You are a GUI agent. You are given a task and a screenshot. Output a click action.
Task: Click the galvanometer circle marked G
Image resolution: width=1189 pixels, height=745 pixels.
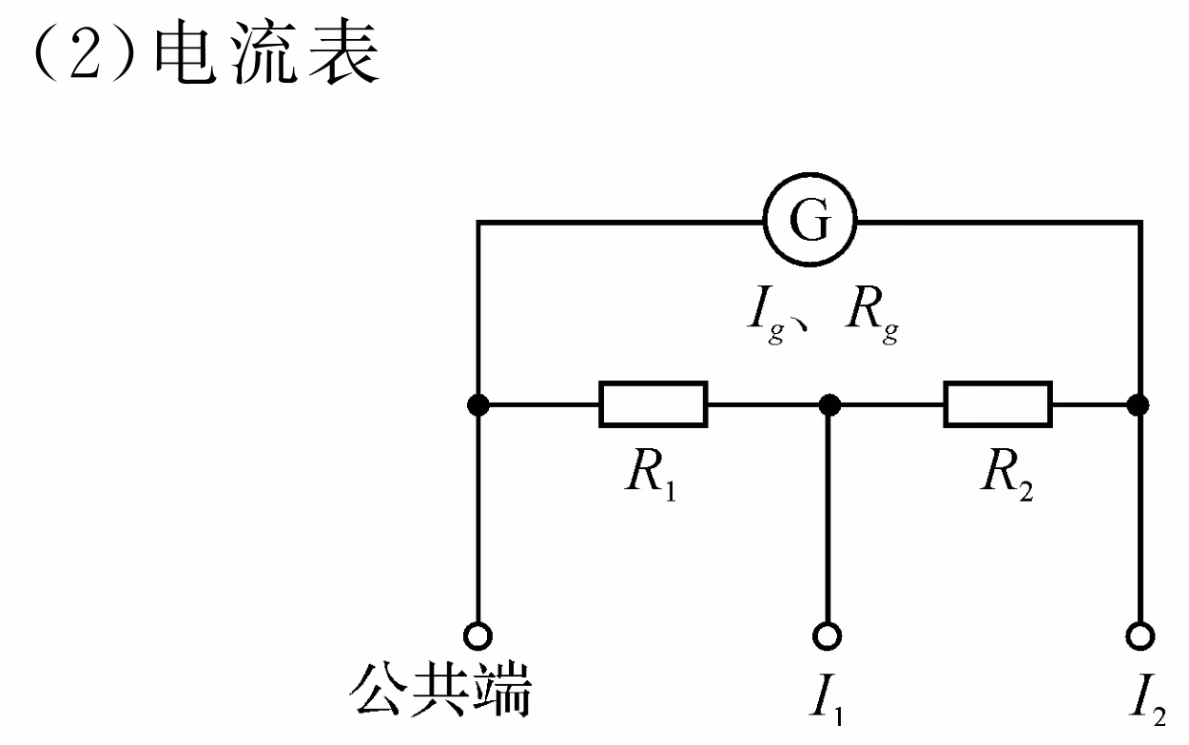[809, 223]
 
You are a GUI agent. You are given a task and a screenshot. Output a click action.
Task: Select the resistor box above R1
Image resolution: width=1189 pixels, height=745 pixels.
[653, 404]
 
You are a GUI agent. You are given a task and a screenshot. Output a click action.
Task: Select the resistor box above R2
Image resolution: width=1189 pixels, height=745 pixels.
[997, 404]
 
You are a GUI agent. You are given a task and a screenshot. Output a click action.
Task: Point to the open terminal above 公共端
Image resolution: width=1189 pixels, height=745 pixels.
[478, 635]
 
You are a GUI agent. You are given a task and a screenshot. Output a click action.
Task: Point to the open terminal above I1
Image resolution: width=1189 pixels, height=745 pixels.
[828, 635]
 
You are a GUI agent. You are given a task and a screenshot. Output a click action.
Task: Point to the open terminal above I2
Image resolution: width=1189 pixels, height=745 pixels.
[1138, 635]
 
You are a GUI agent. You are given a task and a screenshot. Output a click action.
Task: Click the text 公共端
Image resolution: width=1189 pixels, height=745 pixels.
[440, 692]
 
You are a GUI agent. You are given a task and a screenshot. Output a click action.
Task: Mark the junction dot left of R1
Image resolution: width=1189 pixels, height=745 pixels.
[478, 405]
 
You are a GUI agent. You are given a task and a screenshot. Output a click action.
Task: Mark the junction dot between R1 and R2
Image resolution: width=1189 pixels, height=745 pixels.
[828, 405]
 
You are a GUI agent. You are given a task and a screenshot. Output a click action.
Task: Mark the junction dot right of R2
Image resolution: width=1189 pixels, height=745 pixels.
[1137, 405]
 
